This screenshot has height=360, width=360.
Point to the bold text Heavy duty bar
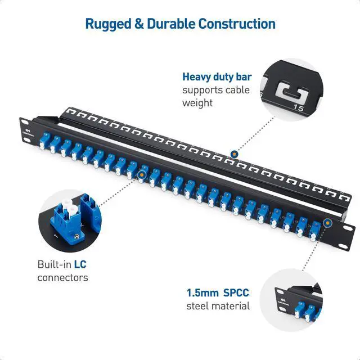[217, 77]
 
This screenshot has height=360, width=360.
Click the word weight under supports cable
[197, 103]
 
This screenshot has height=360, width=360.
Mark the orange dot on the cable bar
[234, 153]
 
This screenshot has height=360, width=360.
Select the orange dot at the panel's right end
[328, 222]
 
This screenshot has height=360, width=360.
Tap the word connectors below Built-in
[62, 277]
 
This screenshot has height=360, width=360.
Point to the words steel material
[218, 307]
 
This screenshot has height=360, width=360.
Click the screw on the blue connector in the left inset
[58, 229]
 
